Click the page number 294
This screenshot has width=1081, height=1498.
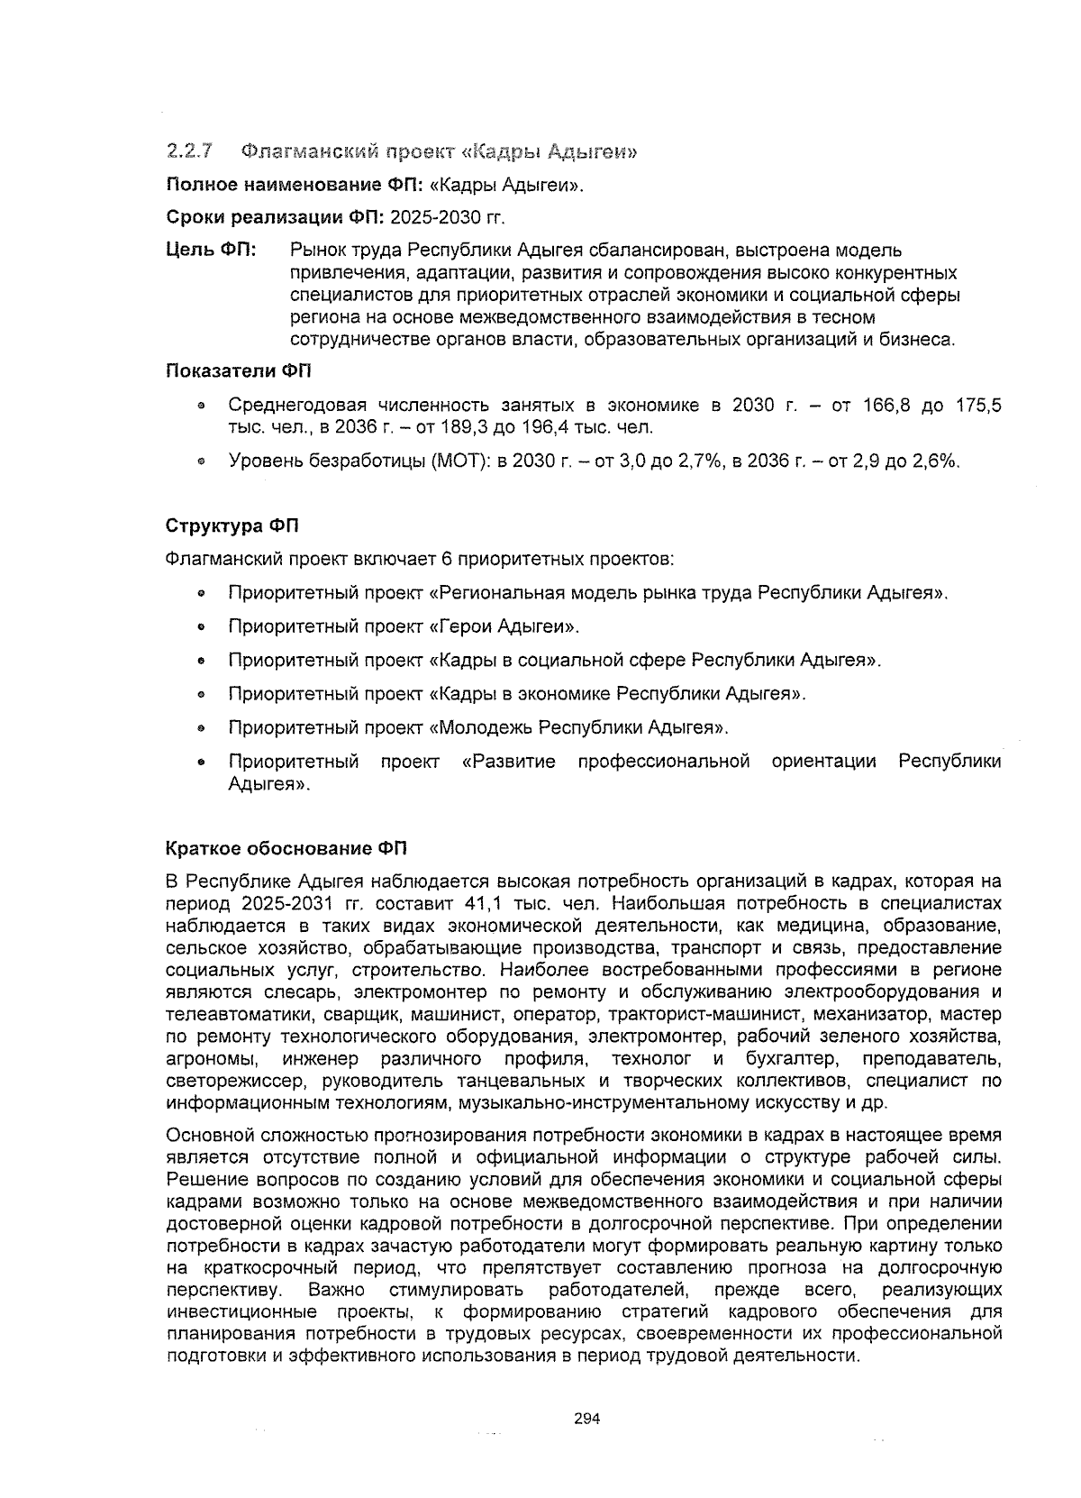point(586,1418)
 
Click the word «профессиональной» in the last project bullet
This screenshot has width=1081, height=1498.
point(664,762)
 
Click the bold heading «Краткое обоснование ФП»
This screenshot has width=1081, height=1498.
point(286,848)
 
